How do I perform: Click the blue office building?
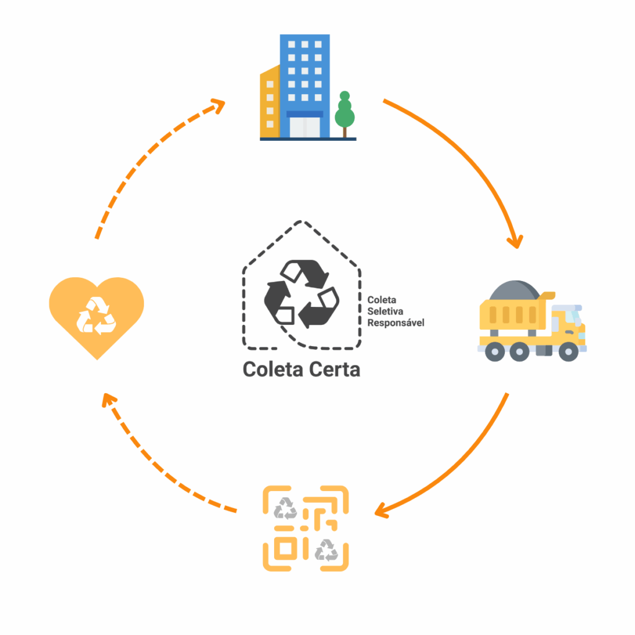tap(304, 74)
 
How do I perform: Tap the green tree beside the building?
tap(344, 112)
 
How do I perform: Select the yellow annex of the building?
tap(270, 102)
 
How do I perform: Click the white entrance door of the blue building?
tap(304, 127)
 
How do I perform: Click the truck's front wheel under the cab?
tap(568, 352)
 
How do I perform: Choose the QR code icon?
tap(306, 528)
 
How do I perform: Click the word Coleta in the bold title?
tap(272, 370)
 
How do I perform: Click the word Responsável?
tap(396, 322)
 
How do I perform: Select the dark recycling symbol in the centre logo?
tap(302, 294)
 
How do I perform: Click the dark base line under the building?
tap(308, 139)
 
